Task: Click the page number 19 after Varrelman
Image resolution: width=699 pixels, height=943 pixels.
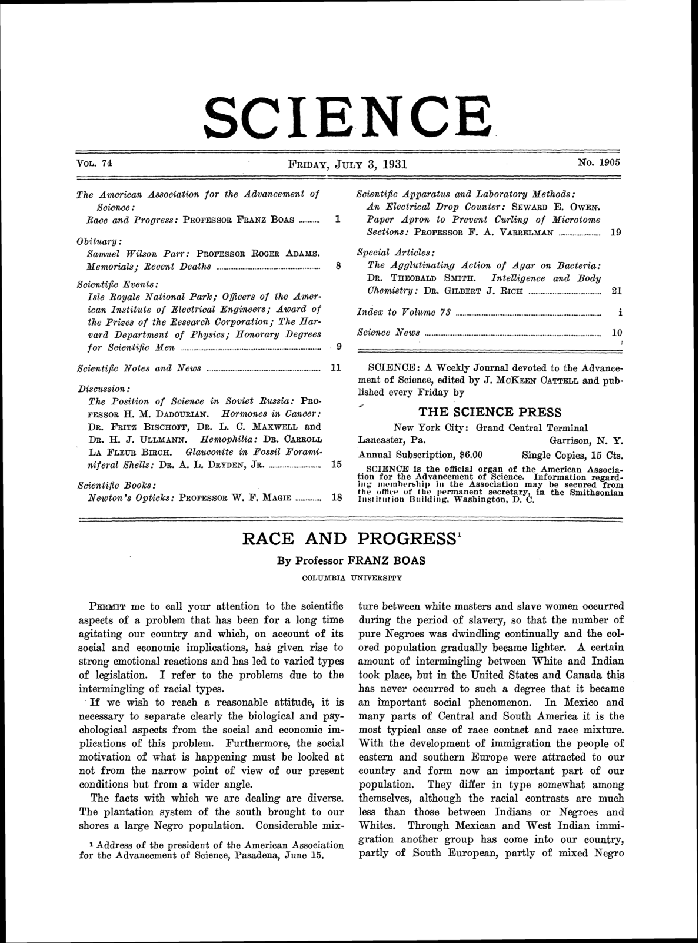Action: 616,233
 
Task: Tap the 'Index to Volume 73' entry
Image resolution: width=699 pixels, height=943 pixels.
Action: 404,312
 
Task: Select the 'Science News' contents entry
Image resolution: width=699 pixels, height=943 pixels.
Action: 389,333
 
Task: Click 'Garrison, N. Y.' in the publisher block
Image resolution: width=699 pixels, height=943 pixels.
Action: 586,440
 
